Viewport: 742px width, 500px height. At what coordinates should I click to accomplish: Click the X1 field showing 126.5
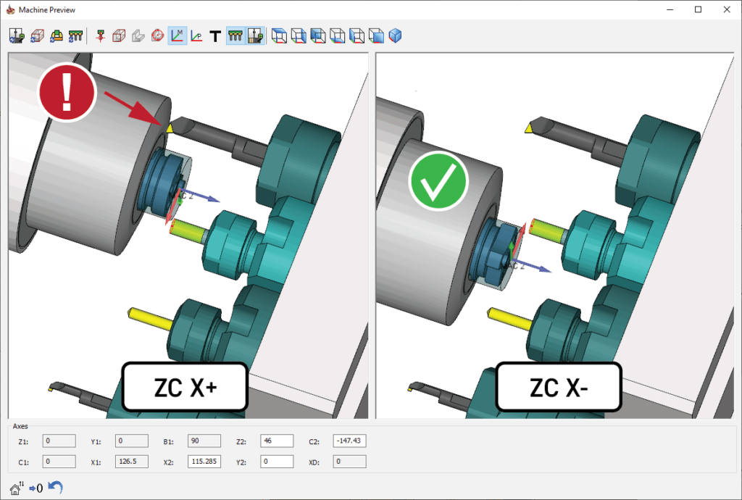(x=130, y=462)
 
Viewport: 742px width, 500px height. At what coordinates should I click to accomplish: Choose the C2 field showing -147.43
(x=349, y=441)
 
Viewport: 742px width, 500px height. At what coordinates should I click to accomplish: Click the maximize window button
(x=698, y=9)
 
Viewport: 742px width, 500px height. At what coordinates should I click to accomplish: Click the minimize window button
(x=665, y=9)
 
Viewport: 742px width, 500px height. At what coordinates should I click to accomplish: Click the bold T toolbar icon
(x=214, y=36)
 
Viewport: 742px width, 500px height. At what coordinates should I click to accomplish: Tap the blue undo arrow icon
(x=55, y=487)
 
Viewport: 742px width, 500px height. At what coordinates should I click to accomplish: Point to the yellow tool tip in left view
(x=170, y=128)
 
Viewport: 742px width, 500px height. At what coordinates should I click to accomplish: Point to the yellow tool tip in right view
(x=530, y=128)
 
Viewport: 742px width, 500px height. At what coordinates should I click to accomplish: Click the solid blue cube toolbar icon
(x=395, y=36)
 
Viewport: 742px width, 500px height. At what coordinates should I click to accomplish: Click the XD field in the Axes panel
(x=349, y=462)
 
